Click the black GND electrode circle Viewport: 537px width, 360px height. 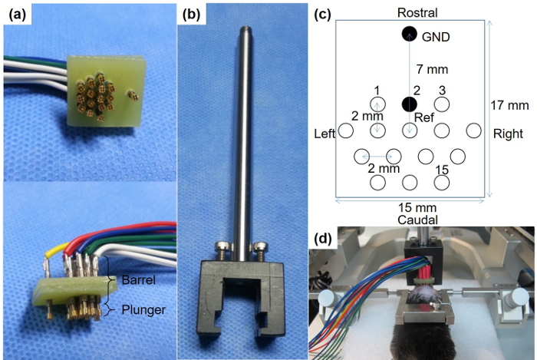click(x=409, y=34)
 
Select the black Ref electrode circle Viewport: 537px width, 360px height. click(x=410, y=104)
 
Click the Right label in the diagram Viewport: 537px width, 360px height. click(x=508, y=134)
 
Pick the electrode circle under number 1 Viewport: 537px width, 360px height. click(x=377, y=104)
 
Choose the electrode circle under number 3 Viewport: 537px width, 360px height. click(x=443, y=104)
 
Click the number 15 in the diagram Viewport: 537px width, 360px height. click(x=442, y=169)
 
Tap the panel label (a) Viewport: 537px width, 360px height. click(x=15, y=13)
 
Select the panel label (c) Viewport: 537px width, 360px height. click(x=321, y=13)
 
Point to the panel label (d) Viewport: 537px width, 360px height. click(x=322, y=239)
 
